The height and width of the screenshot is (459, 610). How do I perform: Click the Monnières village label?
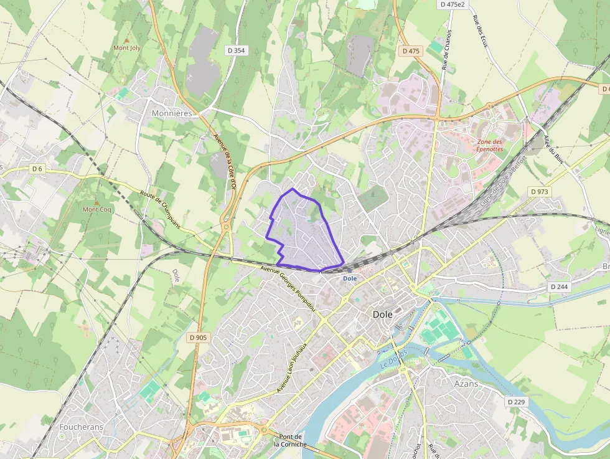(x=172, y=114)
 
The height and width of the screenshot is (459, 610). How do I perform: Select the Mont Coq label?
(x=97, y=209)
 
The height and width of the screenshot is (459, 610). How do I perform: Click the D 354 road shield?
(x=236, y=50)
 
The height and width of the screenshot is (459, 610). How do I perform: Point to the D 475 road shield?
(x=411, y=51)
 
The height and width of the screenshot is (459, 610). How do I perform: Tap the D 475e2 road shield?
(x=453, y=4)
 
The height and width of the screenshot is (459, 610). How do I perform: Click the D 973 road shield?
(x=540, y=191)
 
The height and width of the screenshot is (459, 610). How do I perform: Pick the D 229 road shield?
(x=516, y=402)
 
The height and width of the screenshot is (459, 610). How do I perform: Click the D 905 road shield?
(x=197, y=338)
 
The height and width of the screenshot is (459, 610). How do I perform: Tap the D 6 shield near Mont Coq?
(x=38, y=169)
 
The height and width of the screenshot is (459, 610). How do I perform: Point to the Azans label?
(x=466, y=384)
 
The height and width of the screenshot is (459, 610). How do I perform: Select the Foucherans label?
(x=81, y=427)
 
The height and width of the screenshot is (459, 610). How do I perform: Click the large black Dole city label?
(x=382, y=315)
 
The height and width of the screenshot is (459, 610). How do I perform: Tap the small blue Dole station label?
(x=350, y=278)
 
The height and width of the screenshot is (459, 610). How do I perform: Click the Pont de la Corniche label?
(x=291, y=440)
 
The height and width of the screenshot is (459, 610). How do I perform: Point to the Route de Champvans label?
(x=160, y=209)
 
